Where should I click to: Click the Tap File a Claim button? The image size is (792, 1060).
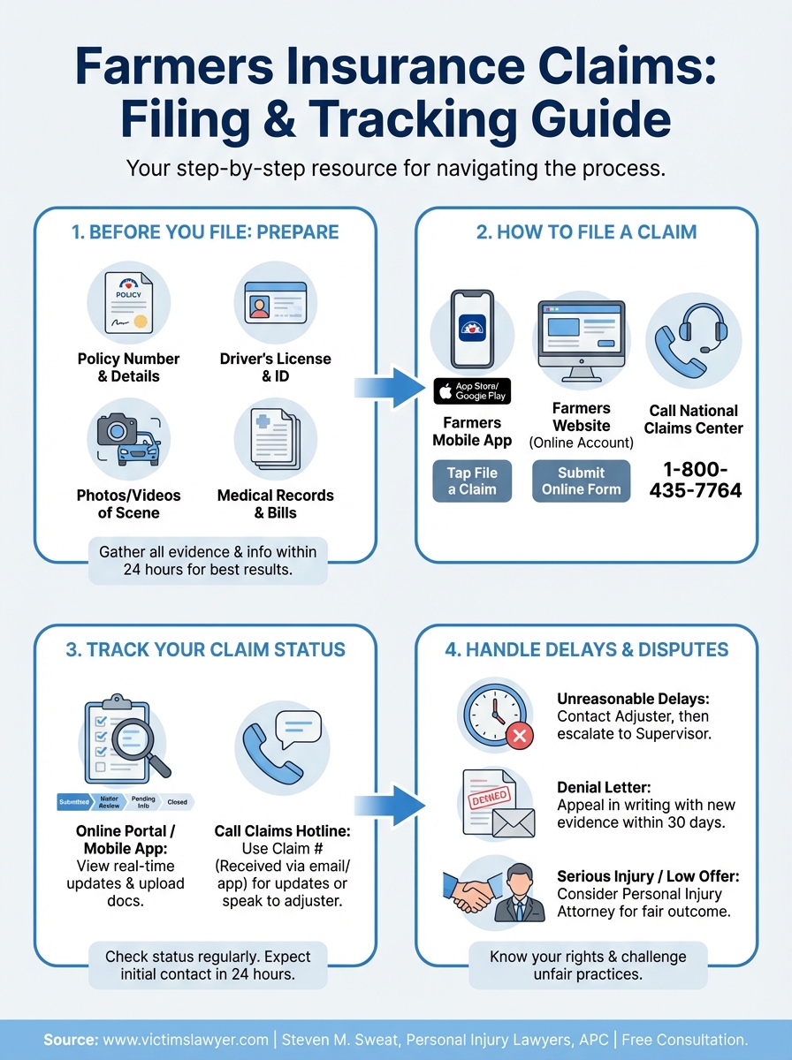point(472,481)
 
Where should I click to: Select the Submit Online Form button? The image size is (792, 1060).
point(581,481)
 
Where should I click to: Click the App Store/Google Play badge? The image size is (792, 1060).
point(471,390)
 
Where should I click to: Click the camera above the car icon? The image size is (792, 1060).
point(117,429)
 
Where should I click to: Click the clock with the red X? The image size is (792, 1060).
point(495,714)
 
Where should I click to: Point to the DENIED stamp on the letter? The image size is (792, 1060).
point(488,798)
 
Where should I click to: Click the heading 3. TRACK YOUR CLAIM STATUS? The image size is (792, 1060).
point(205,649)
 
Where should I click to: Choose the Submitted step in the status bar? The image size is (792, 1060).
point(73,801)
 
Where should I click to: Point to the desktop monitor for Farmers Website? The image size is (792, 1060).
point(581,338)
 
